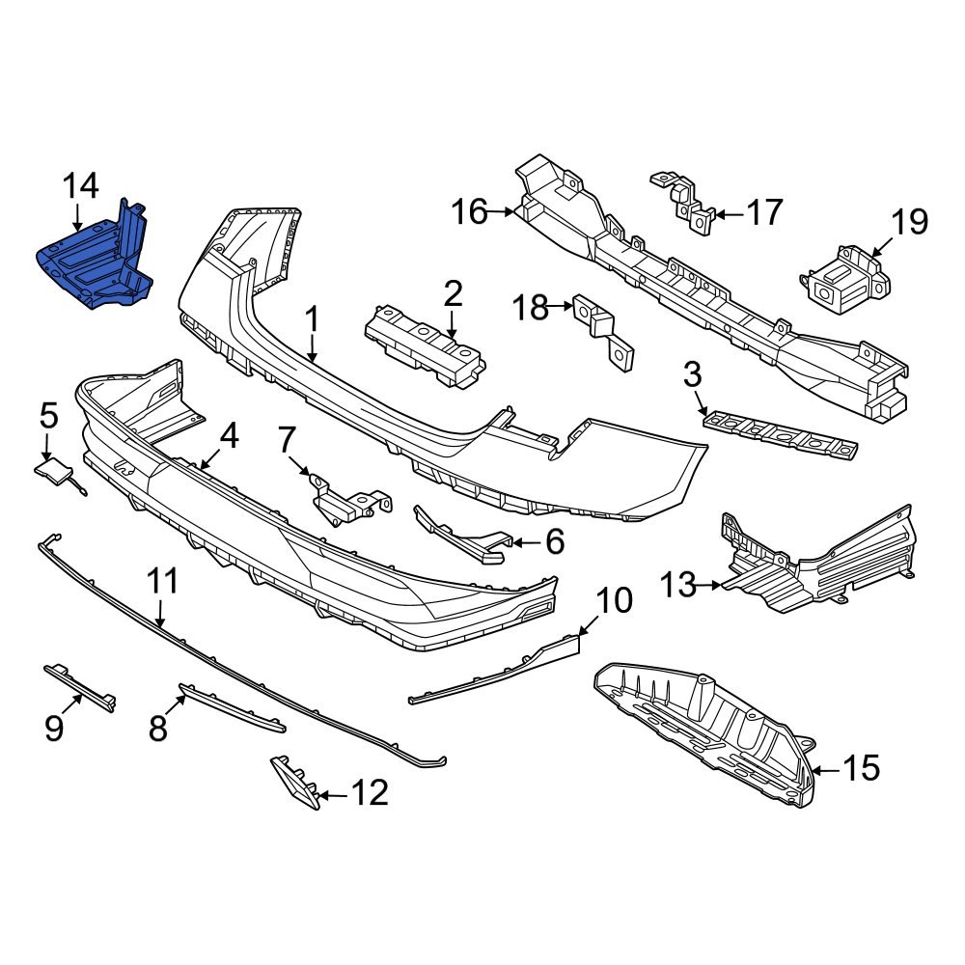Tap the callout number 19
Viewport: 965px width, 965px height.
908,222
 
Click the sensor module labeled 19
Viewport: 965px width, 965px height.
842,281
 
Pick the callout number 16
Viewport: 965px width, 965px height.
471,210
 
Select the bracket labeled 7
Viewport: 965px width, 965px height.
347,500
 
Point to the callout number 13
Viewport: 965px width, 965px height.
677,584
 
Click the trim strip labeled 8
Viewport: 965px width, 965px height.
232,707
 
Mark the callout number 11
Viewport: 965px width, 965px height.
162,581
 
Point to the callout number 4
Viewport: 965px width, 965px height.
228,437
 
